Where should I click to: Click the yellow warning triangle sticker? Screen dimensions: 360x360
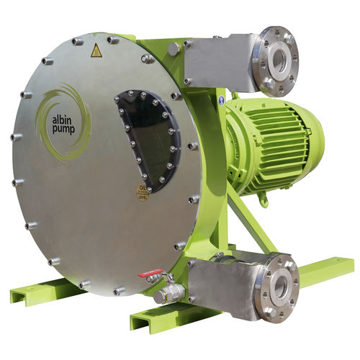point(96,50)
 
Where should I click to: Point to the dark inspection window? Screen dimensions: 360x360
point(148,137)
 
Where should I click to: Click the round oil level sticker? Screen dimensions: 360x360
point(143,193)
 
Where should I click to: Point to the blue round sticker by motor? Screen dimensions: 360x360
point(222,100)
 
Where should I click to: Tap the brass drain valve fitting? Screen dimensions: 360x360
point(168,292)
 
